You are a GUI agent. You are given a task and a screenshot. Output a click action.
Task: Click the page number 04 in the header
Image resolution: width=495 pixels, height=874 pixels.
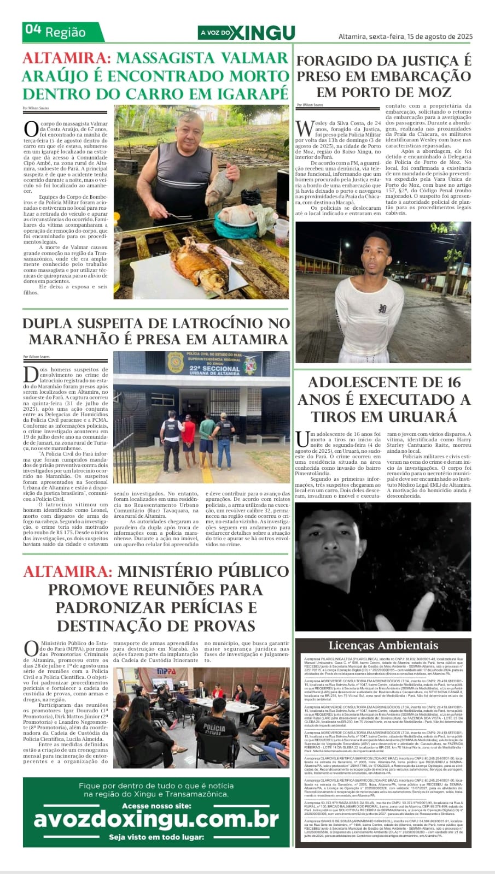[33, 31]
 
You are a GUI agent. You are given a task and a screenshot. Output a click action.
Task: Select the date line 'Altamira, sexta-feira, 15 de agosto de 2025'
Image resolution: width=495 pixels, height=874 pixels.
[405, 37]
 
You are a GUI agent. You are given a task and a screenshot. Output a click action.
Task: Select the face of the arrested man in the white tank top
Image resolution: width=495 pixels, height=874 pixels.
[383, 255]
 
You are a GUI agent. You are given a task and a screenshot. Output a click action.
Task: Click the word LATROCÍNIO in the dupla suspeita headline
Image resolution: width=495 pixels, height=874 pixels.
[195, 323]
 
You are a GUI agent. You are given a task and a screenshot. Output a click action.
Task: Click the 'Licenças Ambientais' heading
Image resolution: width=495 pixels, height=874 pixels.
[383, 646]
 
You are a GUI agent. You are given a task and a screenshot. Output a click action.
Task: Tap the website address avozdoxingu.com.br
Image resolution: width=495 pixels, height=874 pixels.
[156, 820]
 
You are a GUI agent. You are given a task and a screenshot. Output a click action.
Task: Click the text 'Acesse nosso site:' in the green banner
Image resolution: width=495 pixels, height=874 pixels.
[156, 806]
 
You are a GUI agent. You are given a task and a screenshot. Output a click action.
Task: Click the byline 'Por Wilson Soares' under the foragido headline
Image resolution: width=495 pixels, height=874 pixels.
[310, 105]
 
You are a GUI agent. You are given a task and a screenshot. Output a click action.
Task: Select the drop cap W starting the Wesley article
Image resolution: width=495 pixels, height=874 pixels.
[303, 128]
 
